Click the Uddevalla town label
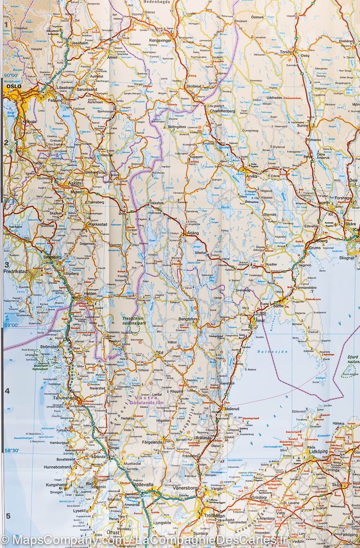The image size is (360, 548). click(143, 484)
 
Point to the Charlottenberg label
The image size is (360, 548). click(222, 111)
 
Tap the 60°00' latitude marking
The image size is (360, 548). click(11, 75)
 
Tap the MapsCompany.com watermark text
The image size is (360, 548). click(64, 540)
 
